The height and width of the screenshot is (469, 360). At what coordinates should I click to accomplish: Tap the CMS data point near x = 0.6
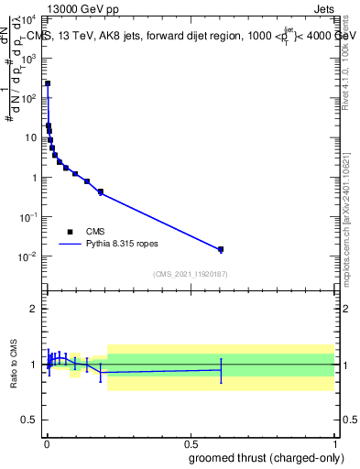click(x=220, y=249)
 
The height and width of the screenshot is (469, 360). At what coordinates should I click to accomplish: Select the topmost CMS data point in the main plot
click(x=48, y=83)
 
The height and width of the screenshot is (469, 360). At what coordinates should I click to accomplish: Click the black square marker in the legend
click(x=70, y=232)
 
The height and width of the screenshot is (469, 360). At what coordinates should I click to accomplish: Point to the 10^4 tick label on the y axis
click(x=29, y=17)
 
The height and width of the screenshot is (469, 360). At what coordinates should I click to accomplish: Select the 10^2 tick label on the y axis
click(x=29, y=97)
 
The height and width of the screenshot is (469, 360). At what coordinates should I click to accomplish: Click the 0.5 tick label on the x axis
click(x=191, y=442)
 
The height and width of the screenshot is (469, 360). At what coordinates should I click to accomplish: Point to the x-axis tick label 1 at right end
click(x=334, y=442)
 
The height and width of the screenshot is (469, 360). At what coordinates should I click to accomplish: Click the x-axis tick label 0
click(x=47, y=442)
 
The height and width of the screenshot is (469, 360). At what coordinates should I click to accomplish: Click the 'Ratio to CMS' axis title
click(x=14, y=365)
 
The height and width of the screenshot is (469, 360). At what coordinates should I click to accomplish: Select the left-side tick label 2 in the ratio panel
click(x=35, y=309)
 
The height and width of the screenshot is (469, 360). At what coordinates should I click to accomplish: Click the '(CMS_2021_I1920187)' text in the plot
click(x=190, y=274)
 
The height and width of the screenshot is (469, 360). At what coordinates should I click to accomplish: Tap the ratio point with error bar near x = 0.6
click(x=220, y=370)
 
